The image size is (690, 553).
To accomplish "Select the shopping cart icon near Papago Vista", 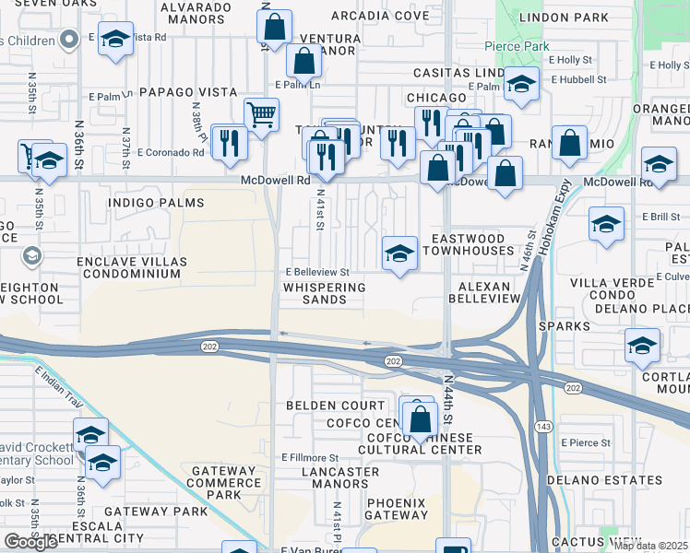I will [261, 115].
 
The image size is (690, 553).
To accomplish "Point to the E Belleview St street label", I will [317, 273].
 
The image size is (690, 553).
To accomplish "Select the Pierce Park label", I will [517, 46].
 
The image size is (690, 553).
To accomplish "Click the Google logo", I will [31, 541].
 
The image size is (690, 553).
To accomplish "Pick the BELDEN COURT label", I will [335, 406].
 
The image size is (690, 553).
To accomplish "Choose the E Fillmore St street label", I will [311, 458].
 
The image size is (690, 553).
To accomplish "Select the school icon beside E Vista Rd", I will [115, 40].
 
